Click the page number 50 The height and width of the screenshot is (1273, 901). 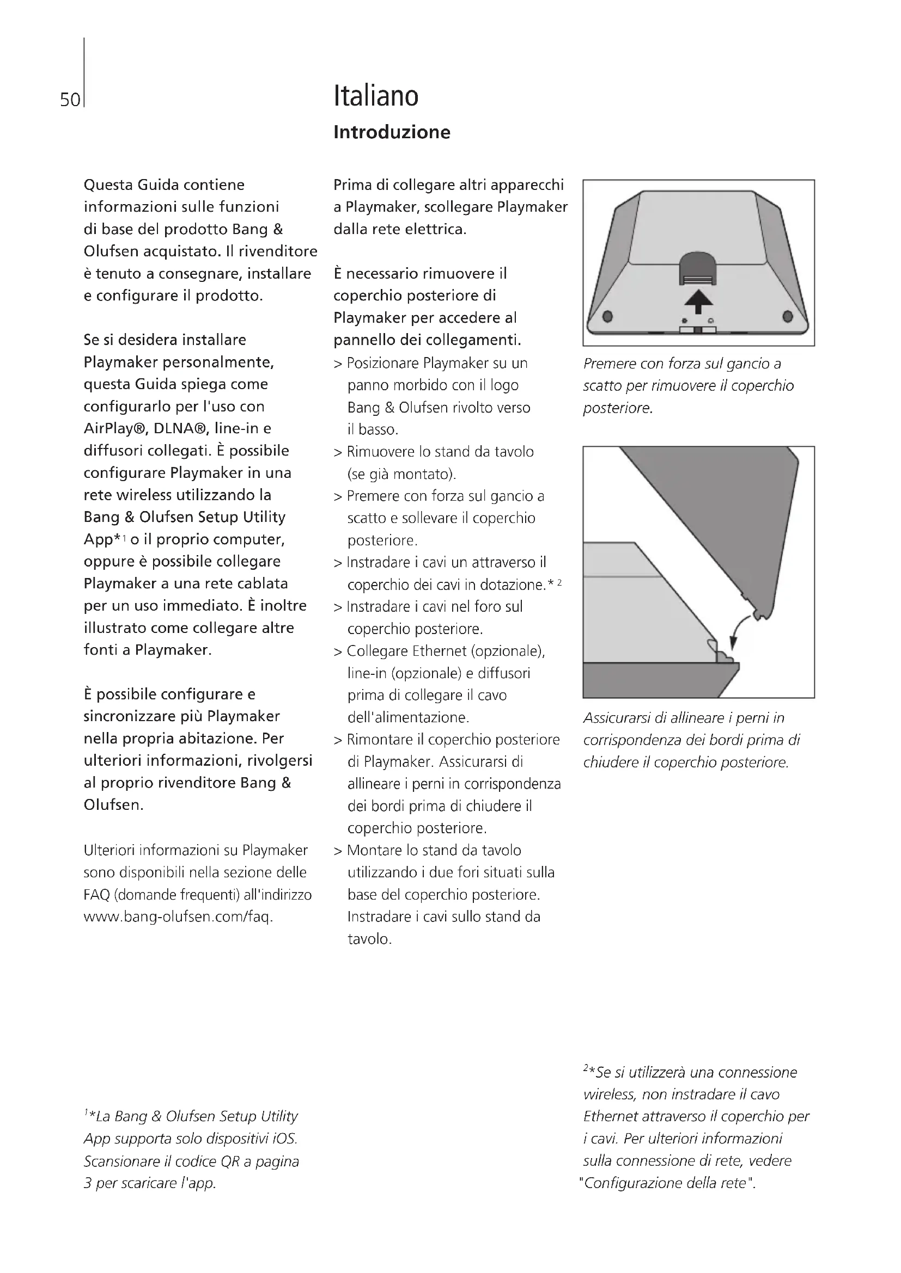(70, 100)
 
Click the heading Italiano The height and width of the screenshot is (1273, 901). (376, 96)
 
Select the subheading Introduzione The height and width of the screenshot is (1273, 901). (392, 132)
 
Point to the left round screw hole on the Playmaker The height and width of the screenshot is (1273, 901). (607, 317)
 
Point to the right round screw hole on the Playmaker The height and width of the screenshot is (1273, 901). (788, 317)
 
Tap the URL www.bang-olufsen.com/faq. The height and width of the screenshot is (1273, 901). (178, 917)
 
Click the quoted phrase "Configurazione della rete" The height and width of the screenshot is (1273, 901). (667, 1183)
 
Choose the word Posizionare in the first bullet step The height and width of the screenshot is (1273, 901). (382, 363)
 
